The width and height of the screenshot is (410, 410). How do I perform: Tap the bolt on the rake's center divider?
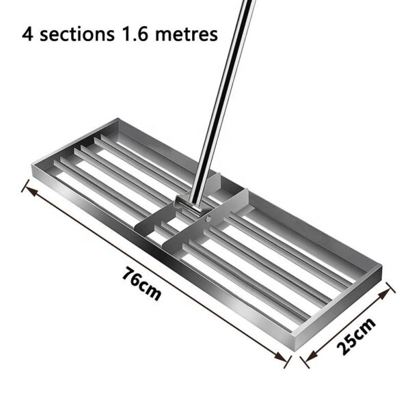208,219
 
